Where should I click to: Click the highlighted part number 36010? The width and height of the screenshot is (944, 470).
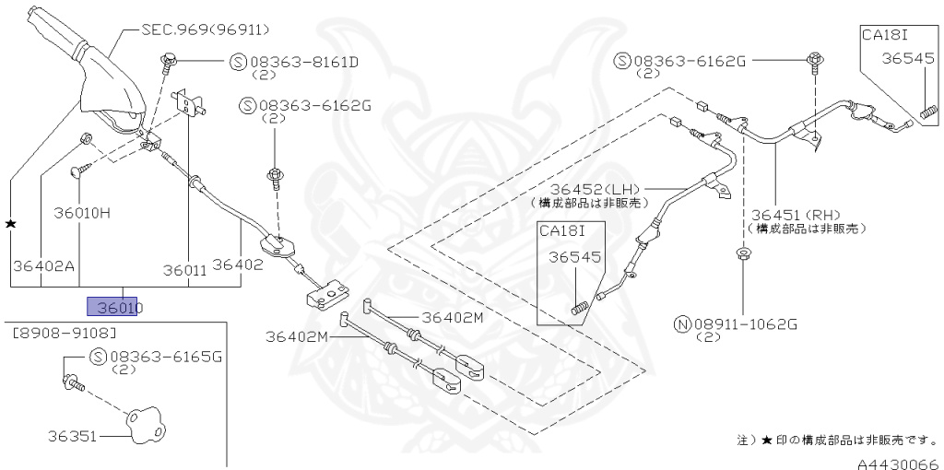(112, 307)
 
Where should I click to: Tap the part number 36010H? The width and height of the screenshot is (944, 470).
(80, 213)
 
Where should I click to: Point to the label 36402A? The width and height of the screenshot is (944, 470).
(42, 265)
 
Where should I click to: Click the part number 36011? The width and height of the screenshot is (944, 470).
(185, 270)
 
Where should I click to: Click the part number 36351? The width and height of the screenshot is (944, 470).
(72, 433)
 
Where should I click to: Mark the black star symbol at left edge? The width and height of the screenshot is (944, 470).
(11, 224)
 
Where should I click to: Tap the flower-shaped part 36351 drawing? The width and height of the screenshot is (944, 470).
(145, 426)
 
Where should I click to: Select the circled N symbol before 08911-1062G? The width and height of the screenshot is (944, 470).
(682, 323)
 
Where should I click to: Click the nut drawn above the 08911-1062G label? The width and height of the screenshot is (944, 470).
(743, 253)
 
